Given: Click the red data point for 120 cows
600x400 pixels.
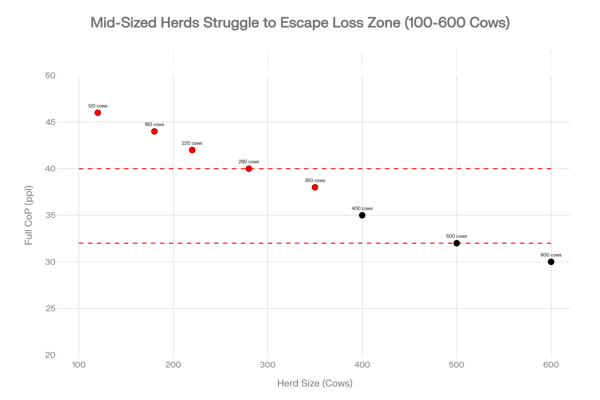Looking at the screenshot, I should point(97,113).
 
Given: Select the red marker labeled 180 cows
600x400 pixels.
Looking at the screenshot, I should point(154,131).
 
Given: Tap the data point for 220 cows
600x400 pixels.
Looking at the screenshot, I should point(192,150).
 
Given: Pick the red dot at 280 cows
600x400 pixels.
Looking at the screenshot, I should point(249,169).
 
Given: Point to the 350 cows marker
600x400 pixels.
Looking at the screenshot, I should point(315,187).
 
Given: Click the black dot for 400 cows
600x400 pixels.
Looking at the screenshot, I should point(362,215).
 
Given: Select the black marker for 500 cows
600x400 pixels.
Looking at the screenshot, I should point(456,243).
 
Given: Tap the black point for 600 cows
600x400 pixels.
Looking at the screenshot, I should point(551,262).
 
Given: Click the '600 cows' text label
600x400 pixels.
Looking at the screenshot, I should point(551,255).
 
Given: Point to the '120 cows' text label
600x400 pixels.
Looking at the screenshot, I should point(97,106).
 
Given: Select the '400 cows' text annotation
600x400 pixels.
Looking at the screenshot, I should point(362,209).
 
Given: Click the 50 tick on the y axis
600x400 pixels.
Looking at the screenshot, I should point(50,75).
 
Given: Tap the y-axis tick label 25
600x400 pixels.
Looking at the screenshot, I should point(50,308).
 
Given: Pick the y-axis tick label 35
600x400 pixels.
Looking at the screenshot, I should point(50,215).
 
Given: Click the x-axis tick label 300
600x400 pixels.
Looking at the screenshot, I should point(268,365).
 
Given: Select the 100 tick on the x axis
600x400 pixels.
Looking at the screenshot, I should point(79,365).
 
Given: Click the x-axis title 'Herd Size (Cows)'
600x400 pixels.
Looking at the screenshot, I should point(315,383).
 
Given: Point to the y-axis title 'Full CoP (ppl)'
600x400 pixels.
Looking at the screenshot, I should point(28,215).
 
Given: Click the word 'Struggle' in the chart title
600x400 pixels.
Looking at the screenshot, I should point(231,23).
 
